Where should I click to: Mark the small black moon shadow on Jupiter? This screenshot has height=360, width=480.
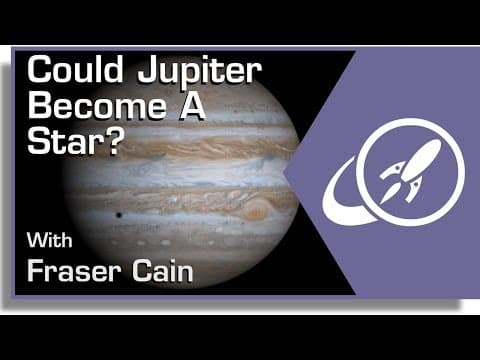coord(120,215)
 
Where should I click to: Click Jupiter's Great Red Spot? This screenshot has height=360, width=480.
coord(256,211)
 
